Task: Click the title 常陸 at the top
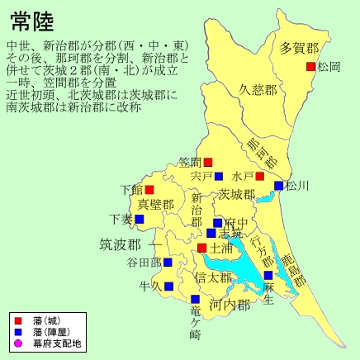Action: (x=33, y=20)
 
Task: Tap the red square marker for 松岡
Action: (x=310, y=66)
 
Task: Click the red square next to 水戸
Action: (x=259, y=176)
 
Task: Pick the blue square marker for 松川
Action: (x=279, y=186)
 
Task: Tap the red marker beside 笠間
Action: (x=208, y=162)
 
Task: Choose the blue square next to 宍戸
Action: (x=219, y=176)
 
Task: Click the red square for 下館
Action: (x=149, y=189)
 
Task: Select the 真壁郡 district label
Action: (x=156, y=205)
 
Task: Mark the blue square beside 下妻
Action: (x=140, y=219)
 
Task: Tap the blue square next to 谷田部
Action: (x=168, y=263)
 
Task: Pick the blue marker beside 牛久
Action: (x=168, y=287)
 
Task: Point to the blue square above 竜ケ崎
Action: (x=196, y=299)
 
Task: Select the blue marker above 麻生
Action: (x=268, y=275)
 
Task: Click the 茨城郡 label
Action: (x=237, y=195)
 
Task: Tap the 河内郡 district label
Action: (x=230, y=305)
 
